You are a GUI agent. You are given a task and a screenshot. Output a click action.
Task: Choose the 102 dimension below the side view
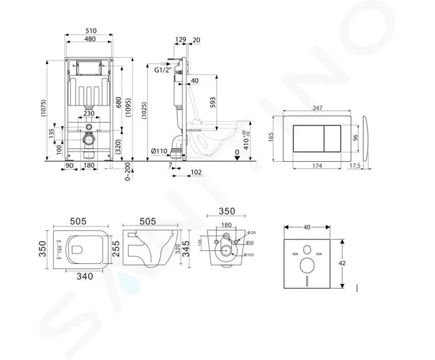[x=195, y=171]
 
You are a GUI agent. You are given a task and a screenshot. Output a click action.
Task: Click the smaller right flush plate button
[x=334, y=138]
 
